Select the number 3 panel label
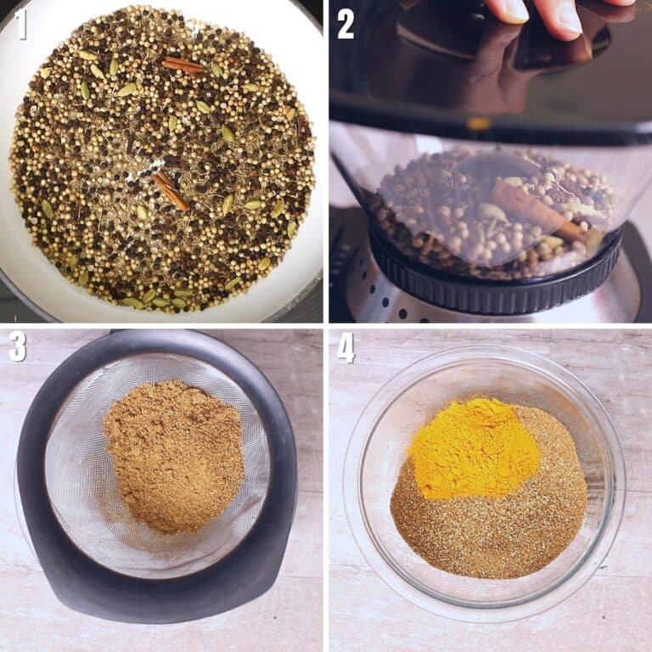tap(18, 346)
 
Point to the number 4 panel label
tap(346, 346)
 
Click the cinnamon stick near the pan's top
tap(184, 65)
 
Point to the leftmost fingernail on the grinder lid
tap(509, 10)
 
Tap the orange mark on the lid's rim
tap(478, 124)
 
